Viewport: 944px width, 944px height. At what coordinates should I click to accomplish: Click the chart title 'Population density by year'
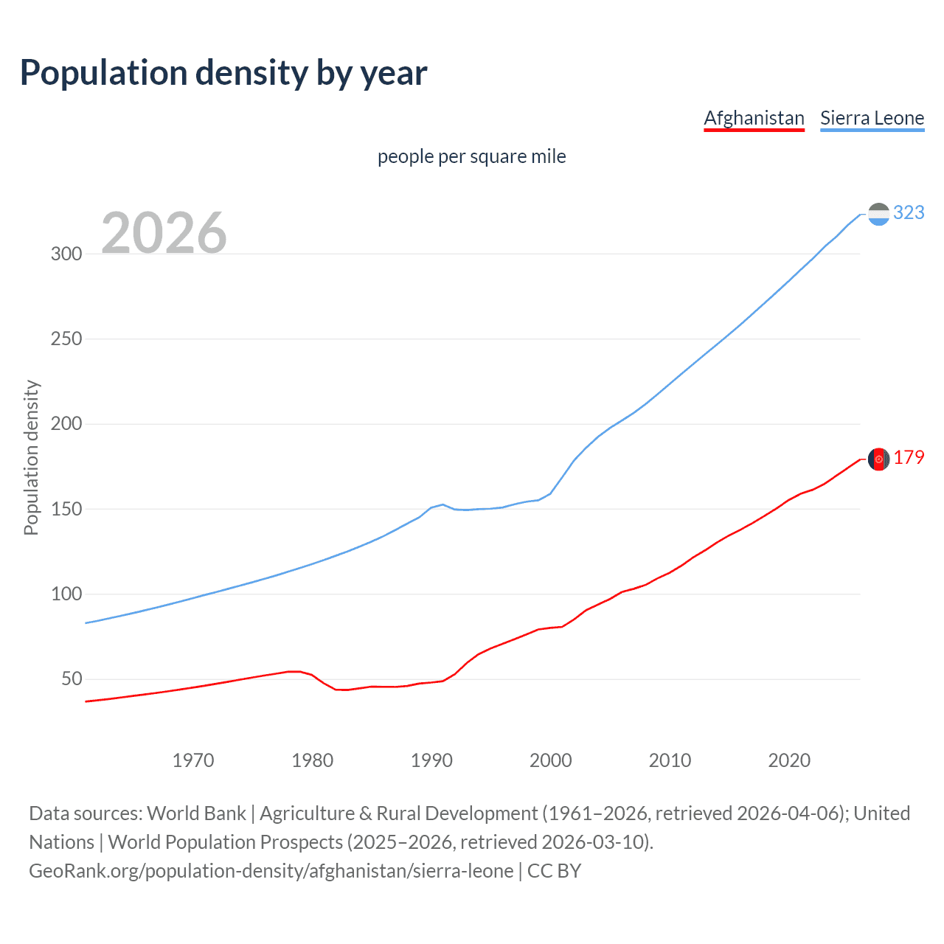pos(223,73)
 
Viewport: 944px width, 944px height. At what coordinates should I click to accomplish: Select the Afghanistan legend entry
pos(754,118)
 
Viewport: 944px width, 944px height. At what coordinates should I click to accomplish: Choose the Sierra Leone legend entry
pos(872,118)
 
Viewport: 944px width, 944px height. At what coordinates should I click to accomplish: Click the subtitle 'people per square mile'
pos(471,157)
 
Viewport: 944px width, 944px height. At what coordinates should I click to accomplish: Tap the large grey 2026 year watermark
pos(164,233)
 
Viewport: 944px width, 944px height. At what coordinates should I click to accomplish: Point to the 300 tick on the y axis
pos(66,254)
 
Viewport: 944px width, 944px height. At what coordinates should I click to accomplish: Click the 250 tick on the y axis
pos(66,339)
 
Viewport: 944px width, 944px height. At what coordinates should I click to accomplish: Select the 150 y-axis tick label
pos(66,509)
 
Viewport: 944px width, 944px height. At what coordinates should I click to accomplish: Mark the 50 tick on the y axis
pos(71,679)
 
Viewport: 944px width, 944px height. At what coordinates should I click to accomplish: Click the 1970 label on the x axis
pos(193,760)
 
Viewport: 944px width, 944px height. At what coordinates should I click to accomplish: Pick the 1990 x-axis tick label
pos(431,760)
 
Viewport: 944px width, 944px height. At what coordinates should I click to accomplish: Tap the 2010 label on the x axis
pos(670,760)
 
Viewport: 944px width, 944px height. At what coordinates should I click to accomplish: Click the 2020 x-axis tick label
pos(789,760)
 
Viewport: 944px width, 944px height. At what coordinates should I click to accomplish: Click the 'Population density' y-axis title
pos(31,457)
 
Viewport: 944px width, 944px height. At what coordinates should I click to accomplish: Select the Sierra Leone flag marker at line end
pos(878,214)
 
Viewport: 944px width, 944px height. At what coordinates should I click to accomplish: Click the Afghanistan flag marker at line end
pos(878,459)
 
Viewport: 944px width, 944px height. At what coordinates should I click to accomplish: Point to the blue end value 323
pos(909,213)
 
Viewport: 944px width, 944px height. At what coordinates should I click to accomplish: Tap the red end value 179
pos(909,458)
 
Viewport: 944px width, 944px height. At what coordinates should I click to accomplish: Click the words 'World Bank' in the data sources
pos(196,813)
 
